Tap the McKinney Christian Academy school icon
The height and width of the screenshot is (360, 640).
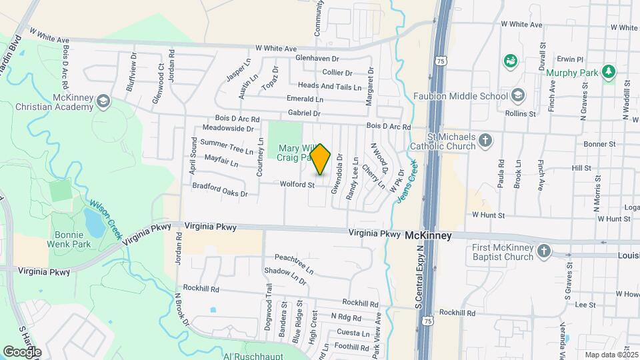point(103,101)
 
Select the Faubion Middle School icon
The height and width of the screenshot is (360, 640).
point(518,96)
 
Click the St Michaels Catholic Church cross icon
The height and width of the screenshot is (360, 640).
point(486,141)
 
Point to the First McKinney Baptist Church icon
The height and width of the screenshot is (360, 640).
point(544,251)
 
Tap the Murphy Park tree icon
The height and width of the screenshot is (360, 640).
point(607,71)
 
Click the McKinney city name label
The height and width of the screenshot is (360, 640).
point(428,236)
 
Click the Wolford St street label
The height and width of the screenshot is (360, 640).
point(297,185)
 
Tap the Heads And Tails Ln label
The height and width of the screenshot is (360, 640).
point(329,86)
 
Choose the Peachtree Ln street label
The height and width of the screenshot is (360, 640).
point(294,263)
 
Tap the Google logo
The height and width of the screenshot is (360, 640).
point(22,351)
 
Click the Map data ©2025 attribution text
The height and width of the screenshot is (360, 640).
point(611,355)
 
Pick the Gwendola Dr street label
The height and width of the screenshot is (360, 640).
point(339,167)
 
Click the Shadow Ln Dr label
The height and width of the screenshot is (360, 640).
point(285,276)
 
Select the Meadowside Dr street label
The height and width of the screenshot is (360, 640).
point(229,128)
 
